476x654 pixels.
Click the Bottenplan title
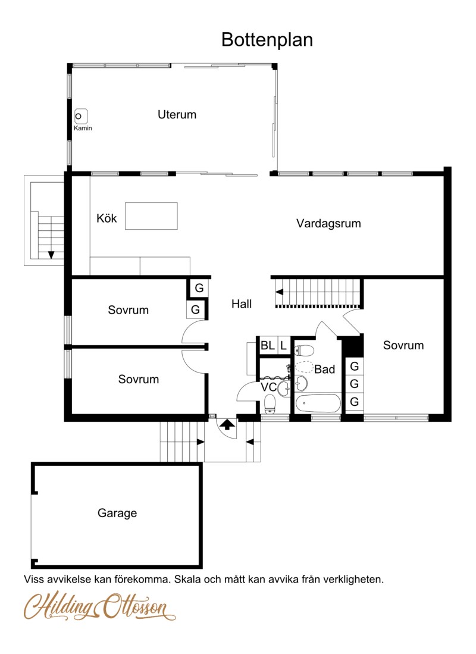(x=267, y=40)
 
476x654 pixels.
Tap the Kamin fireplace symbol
(x=81, y=117)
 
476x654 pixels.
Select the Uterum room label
(x=177, y=115)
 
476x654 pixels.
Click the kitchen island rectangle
(x=152, y=216)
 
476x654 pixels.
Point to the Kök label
(x=107, y=218)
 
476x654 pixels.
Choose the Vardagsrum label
(x=328, y=224)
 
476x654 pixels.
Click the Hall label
(x=242, y=304)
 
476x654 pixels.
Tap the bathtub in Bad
(x=318, y=403)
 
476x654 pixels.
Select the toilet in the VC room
(x=270, y=403)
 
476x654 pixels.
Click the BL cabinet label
(x=267, y=345)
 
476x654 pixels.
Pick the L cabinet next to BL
(x=284, y=345)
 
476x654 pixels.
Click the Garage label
(x=117, y=513)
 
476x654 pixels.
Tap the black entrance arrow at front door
(x=227, y=425)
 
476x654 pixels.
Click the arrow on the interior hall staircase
(x=279, y=292)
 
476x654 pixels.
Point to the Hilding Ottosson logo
(x=100, y=606)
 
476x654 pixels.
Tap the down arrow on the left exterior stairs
(x=51, y=255)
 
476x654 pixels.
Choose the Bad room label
(x=324, y=369)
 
